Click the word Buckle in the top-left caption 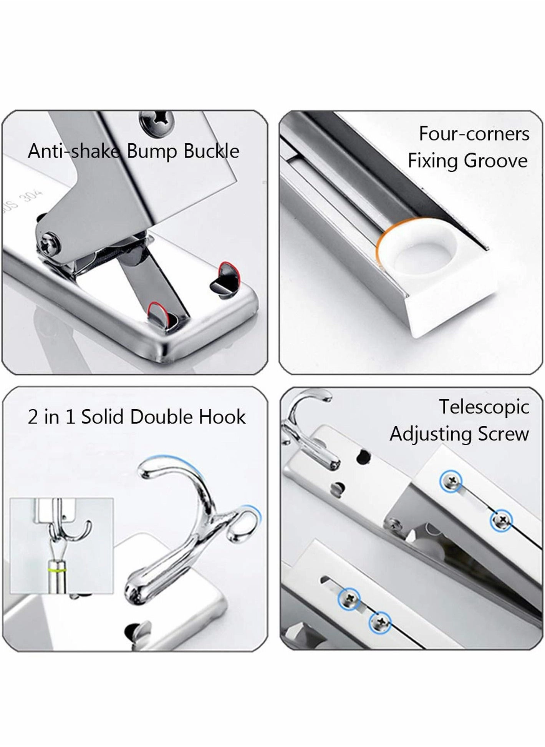pos(211,151)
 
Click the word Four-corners pos(474,134)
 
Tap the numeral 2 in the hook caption pos(33,417)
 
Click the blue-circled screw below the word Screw pos(502,521)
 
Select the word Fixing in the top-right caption pos(433,161)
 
